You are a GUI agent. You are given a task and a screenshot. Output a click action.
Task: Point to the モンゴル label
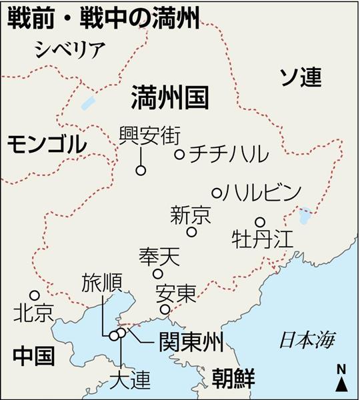click(x=47, y=143)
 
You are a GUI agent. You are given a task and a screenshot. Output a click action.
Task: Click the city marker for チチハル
click(x=179, y=155)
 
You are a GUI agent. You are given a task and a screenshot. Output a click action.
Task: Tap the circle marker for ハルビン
click(x=216, y=193)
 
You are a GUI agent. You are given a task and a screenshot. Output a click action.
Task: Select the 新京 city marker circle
click(x=191, y=232)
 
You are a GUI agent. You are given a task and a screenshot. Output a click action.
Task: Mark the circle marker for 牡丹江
click(x=260, y=222)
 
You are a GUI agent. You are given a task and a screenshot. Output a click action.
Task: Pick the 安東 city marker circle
click(x=165, y=309)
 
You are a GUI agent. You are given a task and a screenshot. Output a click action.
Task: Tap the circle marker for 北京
click(x=34, y=295)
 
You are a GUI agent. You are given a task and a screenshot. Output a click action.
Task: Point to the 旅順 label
click(x=101, y=283)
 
